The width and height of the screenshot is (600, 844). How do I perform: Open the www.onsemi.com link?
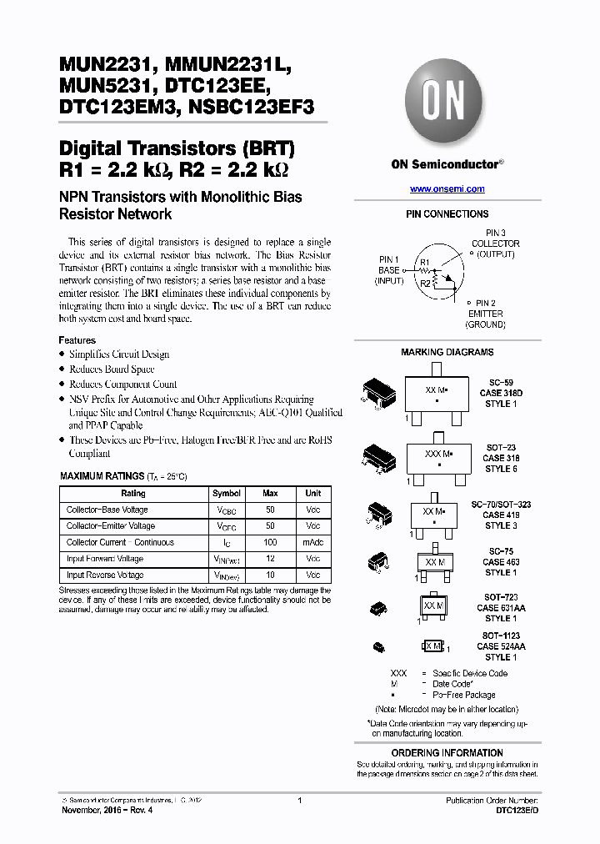click(x=447, y=189)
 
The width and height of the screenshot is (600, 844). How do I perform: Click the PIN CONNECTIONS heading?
click(x=447, y=214)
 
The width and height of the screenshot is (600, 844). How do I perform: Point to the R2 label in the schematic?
click(x=425, y=284)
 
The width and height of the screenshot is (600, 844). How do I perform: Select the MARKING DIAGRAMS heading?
click(x=447, y=352)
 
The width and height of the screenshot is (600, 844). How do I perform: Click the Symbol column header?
click(x=227, y=494)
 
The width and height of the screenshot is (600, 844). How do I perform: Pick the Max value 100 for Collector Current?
click(x=270, y=542)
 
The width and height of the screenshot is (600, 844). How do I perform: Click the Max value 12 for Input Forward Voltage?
click(x=270, y=559)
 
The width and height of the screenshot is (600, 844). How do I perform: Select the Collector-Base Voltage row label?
click(x=107, y=510)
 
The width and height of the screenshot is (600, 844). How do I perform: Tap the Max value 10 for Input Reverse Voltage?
click(x=270, y=575)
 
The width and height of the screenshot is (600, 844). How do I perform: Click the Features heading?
click(x=77, y=340)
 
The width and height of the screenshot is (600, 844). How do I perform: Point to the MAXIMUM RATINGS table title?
click(x=100, y=475)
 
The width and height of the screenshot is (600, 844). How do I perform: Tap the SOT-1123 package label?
click(x=502, y=636)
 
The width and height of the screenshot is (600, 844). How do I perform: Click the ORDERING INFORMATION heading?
click(x=447, y=753)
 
